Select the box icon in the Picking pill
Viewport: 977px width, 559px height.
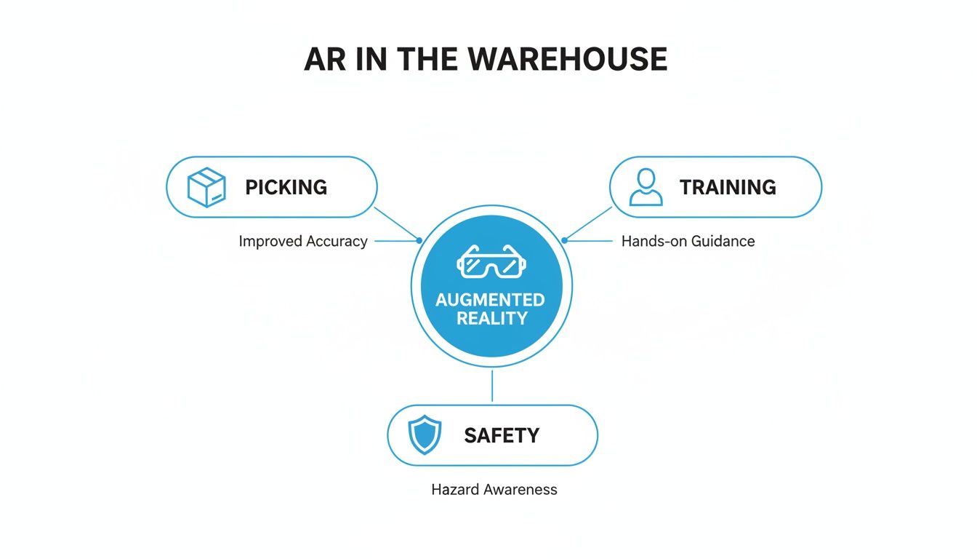coord(206,187)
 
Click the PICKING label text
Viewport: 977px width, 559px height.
coord(286,187)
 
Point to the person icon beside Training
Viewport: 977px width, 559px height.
coord(646,187)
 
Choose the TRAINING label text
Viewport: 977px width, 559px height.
coord(728,187)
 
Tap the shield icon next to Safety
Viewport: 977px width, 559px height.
coord(425,435)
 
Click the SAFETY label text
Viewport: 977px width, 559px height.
coord(502,435)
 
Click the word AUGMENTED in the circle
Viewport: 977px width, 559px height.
coord(490,300)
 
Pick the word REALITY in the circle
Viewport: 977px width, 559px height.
coord(491,318)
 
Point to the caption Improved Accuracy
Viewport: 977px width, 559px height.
coord(303,241)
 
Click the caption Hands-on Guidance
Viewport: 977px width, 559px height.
coord(688,241)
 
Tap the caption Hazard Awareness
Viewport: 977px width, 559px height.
coord(494,489)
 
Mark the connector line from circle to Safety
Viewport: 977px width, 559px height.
coord(492,386)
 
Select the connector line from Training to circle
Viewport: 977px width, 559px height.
coord(589,223)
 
